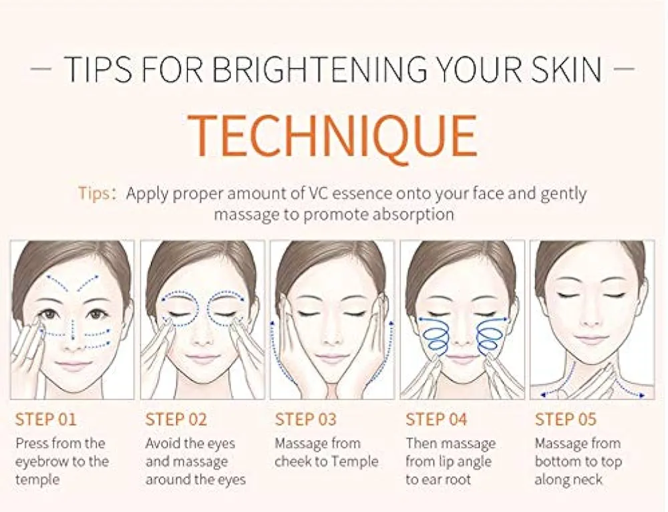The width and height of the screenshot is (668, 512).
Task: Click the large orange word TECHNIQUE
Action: point(332,136)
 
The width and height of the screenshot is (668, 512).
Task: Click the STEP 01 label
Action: point(45,420)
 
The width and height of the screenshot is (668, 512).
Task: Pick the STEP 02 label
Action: point(175,420)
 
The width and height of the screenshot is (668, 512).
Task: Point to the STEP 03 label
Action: point(305,420)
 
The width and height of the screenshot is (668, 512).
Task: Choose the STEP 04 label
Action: point(436,420)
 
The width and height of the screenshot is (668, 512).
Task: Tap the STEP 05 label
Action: point(566,420)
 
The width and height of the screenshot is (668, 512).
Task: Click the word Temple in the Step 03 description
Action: point(355,461)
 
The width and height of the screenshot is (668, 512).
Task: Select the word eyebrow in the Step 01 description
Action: point(41,461)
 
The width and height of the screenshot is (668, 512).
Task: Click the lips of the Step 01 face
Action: point(73,366)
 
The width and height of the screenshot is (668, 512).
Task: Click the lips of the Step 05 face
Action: point(591,340)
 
